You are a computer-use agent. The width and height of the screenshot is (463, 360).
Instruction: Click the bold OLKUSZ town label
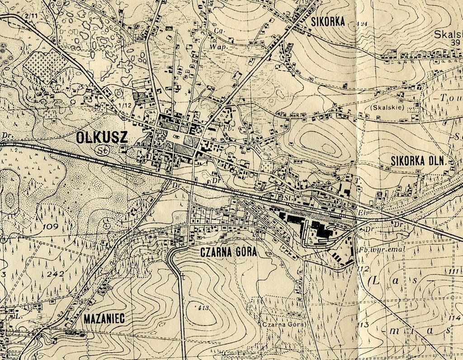tap(102, 137)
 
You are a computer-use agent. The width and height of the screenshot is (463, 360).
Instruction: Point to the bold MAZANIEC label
tap(104, 319)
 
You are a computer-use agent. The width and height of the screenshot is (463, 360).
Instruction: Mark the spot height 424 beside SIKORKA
tap(362, 23)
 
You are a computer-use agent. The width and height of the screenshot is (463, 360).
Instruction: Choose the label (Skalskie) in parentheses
tap(393, 108)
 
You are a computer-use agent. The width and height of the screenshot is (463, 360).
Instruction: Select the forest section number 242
tap(56, 274)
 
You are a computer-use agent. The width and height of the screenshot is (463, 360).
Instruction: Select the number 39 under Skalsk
tap(455, 42)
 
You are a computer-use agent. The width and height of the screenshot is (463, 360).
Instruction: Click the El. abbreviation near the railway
tap(362, 211)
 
